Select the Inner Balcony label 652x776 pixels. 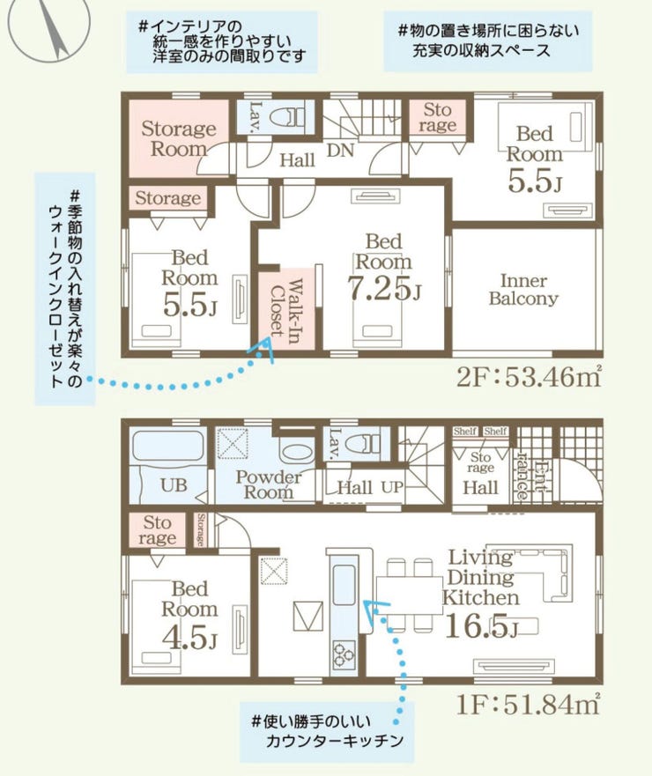click(x=523, y=290)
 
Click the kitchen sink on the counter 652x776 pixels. click(x=344, y=585)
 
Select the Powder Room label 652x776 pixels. click(x=269, y=484)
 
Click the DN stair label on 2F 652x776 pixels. click(x=340, y=150)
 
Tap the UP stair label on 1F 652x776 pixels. click(x=392, y=487)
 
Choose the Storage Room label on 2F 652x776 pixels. click(x=178, y=138)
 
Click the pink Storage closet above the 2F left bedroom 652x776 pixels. click(x=167, y=197)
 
